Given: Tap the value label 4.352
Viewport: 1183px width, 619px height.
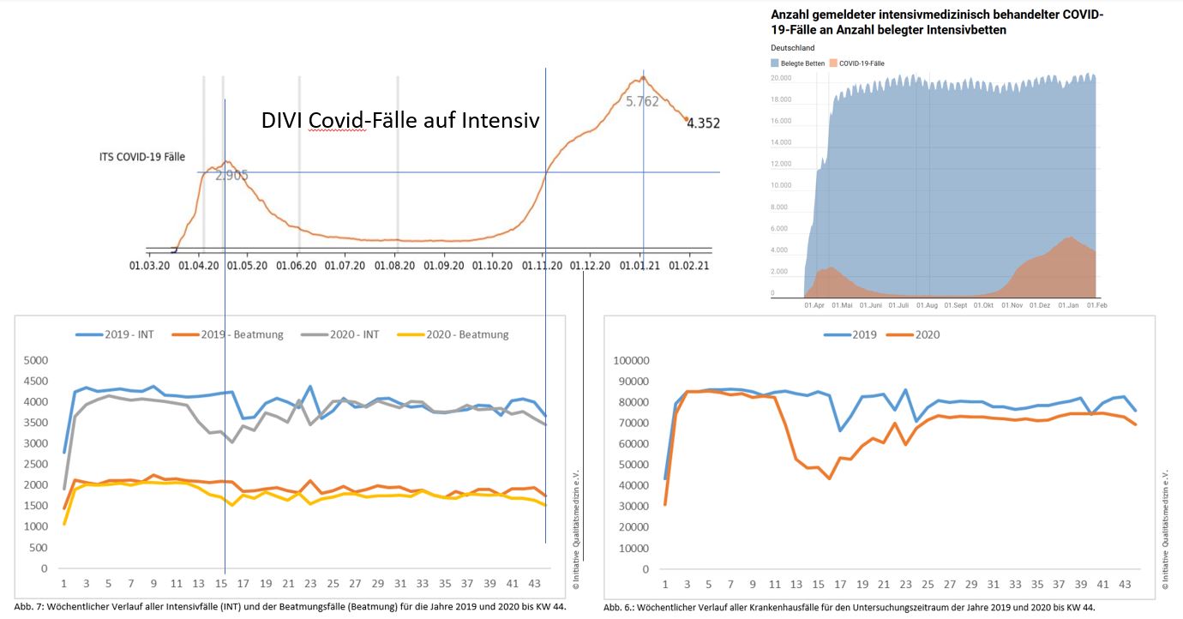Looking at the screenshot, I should point(703,123).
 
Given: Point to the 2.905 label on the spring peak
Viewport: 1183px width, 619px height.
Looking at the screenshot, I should point(231,176).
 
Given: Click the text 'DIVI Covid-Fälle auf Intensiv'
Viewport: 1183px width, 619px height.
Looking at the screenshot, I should point(400,121).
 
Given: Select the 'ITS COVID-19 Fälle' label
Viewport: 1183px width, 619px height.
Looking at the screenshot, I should point(142,157).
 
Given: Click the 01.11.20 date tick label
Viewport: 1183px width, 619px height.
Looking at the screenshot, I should point(542,266).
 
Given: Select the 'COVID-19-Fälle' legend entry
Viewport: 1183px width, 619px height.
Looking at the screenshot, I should point(862,63).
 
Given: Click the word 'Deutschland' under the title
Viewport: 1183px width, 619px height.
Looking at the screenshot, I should point(793,48).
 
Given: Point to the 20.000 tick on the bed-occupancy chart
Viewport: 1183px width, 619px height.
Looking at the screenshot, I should point(780,78).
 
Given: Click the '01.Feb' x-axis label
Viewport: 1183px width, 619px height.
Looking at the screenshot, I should point(1097,305).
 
